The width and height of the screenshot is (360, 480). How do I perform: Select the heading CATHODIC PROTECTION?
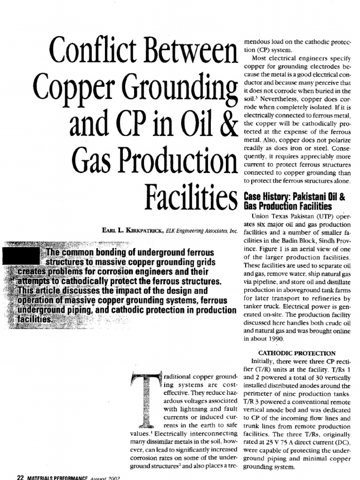tap(294, 353)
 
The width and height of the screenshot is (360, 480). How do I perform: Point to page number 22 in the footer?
tap(20, 476)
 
